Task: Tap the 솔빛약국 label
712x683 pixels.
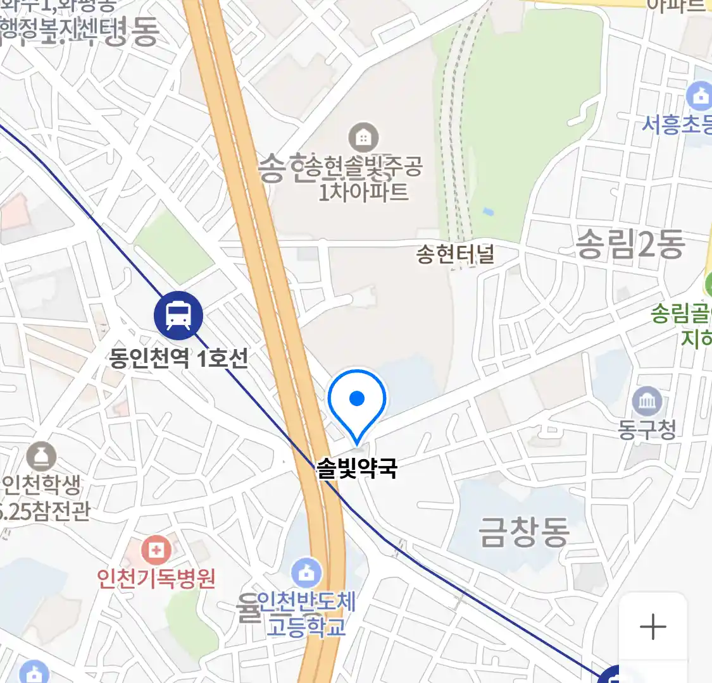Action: pos(357,469)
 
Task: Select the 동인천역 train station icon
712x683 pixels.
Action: pos(178,316)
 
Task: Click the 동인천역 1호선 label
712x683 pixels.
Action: pos(178,359)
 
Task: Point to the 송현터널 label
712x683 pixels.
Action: pos(455,254)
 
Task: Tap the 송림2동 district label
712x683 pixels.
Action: pos(630,244)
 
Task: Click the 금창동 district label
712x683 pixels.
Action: pos(524,531)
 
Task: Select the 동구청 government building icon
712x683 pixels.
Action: pos(647,402)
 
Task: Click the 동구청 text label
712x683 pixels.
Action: pos(647,430)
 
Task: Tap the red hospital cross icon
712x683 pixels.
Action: pos(156,550)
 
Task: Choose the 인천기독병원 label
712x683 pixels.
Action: pos(156,578)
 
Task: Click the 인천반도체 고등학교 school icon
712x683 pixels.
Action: pos(306,573)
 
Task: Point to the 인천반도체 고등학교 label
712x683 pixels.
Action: pos(306,614)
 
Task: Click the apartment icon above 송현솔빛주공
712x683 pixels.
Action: pos(363,137)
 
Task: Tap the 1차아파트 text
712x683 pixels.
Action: pos(363,191)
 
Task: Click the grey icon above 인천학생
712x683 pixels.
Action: pos(42,456)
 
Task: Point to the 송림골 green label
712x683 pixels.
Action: pos(680,314)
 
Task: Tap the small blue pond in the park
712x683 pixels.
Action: pos(487,211)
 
